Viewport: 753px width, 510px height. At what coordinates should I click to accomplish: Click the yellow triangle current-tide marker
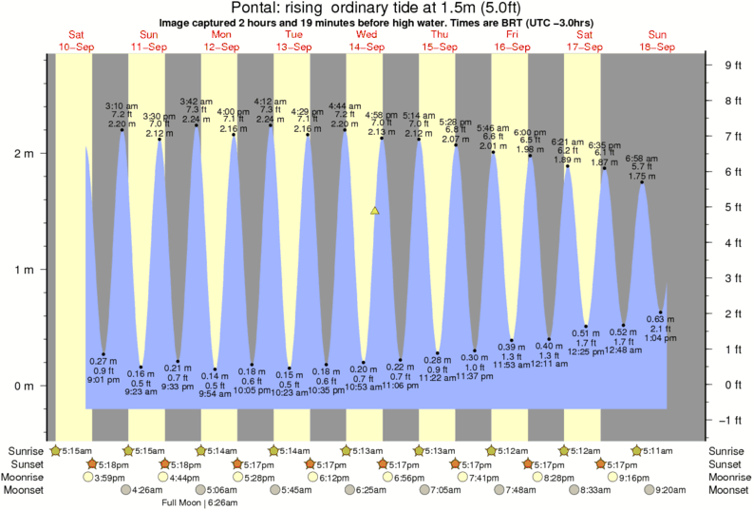click(x=375, y=210)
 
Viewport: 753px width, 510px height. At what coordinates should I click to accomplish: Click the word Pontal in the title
click(x=257, y=9)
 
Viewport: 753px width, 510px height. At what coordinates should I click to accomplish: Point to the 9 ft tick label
click(x=732, y=65)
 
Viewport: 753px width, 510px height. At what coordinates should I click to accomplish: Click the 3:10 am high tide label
click(x=122, y=104)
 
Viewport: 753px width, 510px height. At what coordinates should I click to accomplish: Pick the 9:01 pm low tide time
click(x=103, y=380)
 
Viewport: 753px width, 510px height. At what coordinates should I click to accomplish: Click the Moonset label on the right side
click(x=728, y=490)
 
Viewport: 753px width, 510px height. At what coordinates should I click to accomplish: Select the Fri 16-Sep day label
click(x=512, y=40)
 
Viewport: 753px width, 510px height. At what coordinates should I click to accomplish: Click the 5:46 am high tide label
click(x=492, y=127)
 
